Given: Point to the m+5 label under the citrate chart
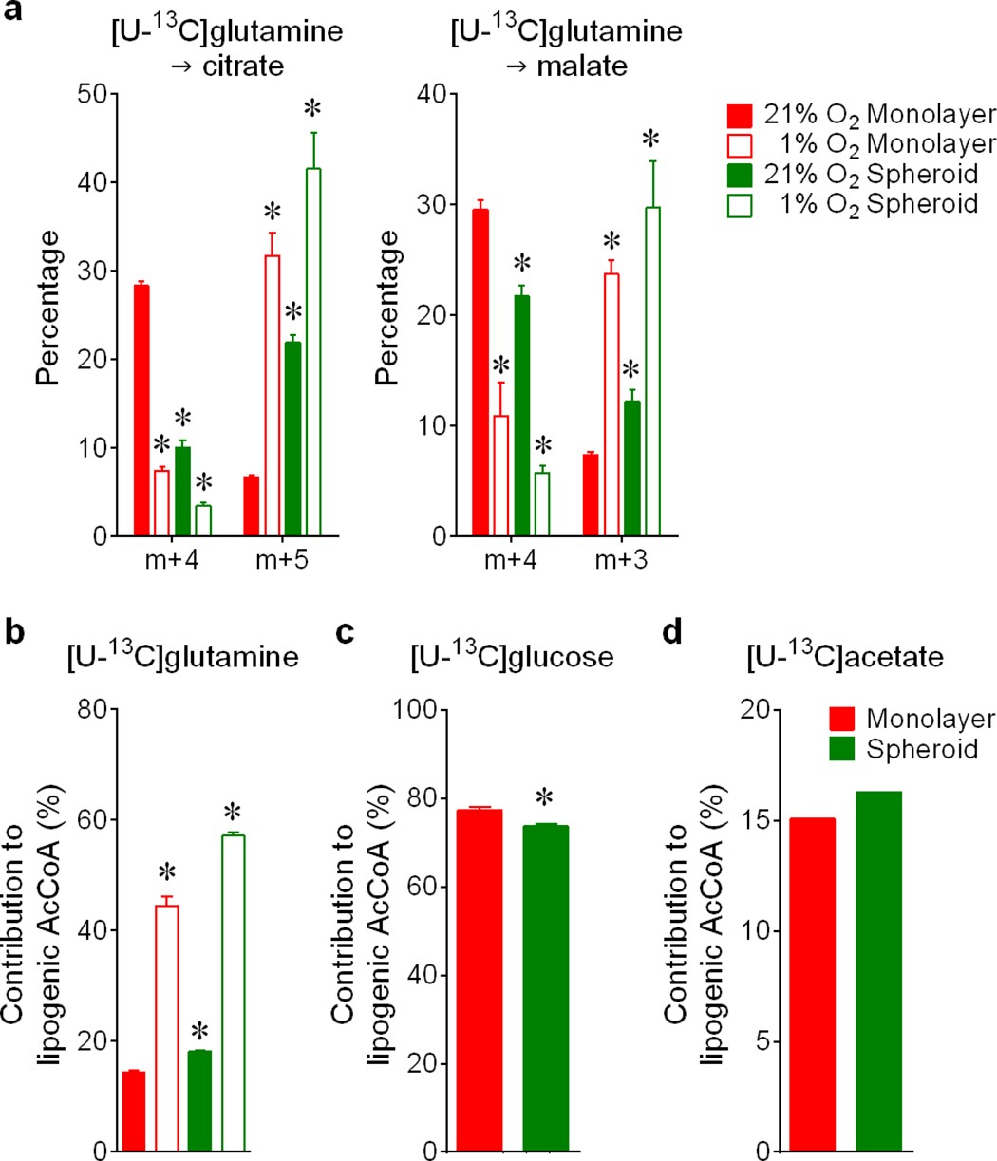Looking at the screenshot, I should tap(282, 564).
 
